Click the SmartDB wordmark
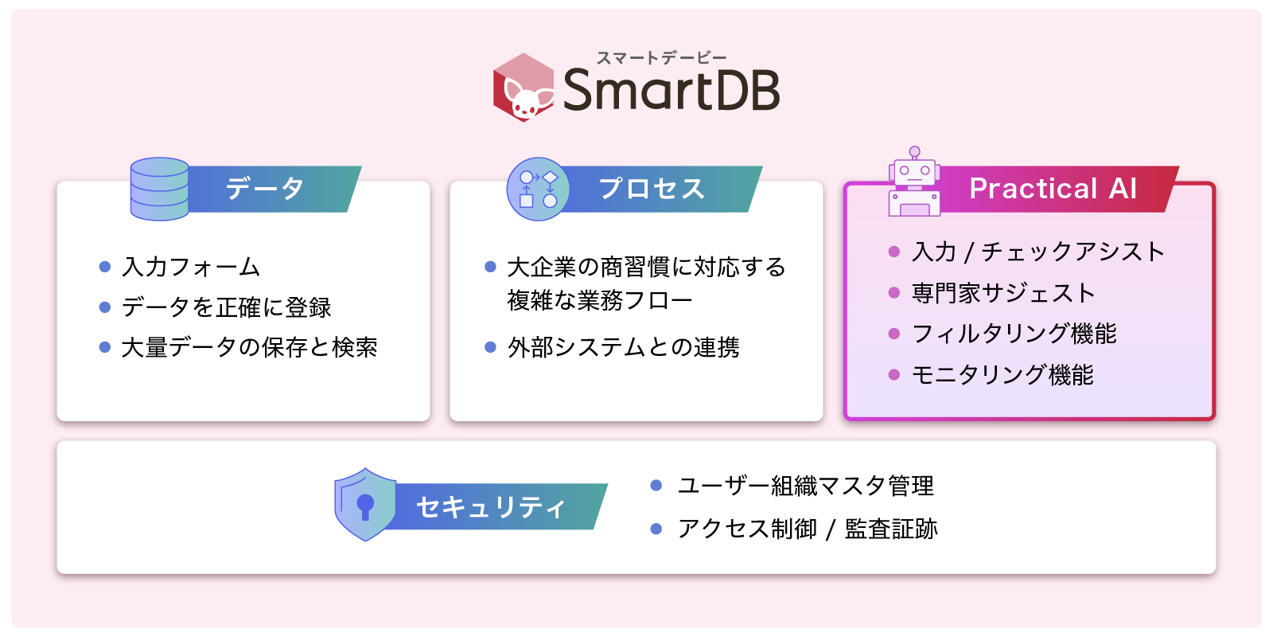tap(672, 90)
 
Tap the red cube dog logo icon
tap(524, 87)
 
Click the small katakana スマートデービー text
tap(661, 57)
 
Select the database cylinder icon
tap(160, 189)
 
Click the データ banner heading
tap(265, 188)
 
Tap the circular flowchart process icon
tap(538, 189)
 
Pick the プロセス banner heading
tap(652, 188)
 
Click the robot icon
tap(914, 182)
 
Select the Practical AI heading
tap(1053, 188)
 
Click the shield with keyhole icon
tap(365, 504)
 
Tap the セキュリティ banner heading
tap(491, 506)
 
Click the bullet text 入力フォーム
tap(191, 267)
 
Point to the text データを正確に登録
tap(226, 307)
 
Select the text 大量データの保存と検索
tap(250, 347)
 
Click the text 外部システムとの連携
tap(624, 347)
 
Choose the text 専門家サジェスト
tap(1003, 293)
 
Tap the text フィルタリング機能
tap(1014, 334)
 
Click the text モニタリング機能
tap(1002, 375)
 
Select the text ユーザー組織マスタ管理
tap(806, 486)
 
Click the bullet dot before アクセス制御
tap(656, 529)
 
